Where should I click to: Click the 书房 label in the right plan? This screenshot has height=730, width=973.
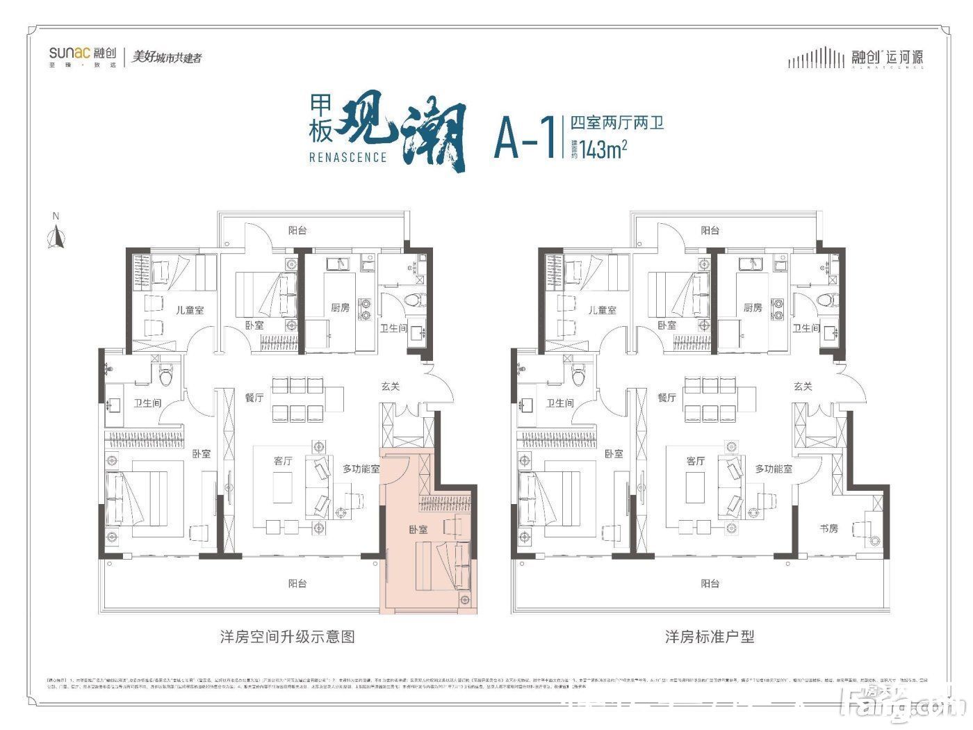[828, 528]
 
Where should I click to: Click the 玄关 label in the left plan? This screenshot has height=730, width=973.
[391, 387]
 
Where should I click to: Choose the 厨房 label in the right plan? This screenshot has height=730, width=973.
[753, 307]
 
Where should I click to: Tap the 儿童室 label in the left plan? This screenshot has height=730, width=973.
[190, 310]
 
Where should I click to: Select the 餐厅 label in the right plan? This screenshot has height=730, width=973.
[667, 398]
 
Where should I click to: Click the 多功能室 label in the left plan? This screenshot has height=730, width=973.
[361, 469]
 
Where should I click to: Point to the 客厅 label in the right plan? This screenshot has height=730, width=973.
[695, 461]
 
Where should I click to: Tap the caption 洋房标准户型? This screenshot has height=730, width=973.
[710, 636]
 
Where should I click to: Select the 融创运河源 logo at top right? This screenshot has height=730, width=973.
[856, 58]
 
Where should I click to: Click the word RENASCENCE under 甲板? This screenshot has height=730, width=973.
[347, 157]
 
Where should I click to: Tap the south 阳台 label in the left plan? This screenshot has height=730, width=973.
[297, 584]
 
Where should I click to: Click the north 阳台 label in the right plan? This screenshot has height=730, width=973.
[710, 230]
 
